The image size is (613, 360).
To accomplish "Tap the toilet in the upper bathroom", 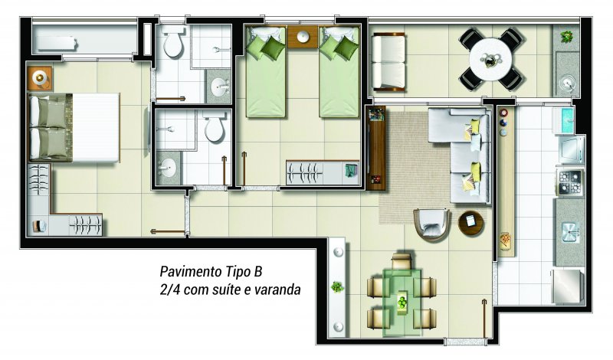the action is point(173,41).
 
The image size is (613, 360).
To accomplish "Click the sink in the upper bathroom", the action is point(219,87).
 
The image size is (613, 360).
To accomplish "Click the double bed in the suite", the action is point(74,127).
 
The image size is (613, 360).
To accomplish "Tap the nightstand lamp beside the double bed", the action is point(39,78).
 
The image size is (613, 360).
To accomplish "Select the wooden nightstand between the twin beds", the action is point(303,37).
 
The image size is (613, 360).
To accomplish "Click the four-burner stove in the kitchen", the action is point(570,182).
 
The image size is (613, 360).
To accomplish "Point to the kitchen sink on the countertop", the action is point(570,232).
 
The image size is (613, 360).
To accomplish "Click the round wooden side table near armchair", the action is point(471,223).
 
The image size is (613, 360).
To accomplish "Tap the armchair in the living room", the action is point(432,224).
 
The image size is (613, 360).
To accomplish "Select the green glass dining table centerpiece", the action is point(402,302).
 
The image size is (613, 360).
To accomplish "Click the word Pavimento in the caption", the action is point(191,271).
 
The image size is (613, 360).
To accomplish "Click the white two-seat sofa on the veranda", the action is point(388,62).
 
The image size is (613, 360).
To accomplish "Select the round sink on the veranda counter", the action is point(566,83).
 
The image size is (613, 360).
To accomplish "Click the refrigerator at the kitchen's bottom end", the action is point(568,286).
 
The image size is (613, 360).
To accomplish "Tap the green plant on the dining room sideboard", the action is point(337,287).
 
